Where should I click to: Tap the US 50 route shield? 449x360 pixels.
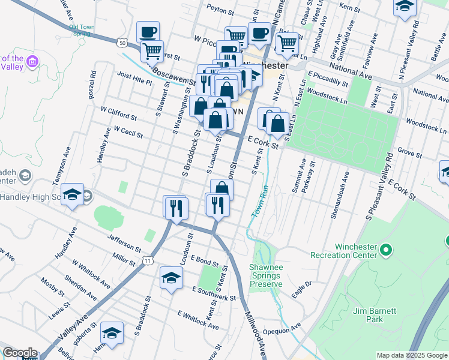[122, 43]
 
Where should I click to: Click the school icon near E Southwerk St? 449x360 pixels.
[171, 278]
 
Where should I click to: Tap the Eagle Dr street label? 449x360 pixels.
[301, 287]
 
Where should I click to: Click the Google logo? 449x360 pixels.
[20, 353]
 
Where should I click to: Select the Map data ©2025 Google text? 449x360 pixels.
[412, 355]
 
